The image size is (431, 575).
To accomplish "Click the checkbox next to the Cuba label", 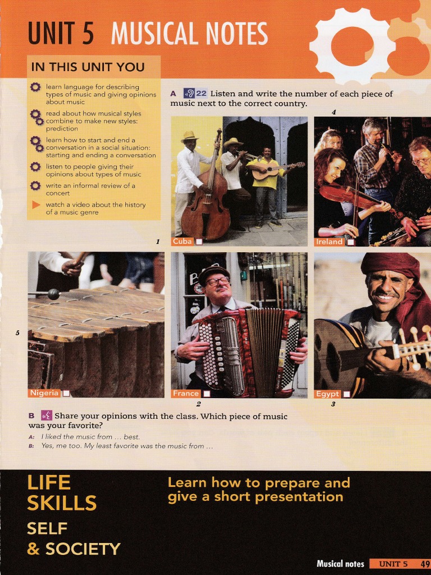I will (x=199, y=241).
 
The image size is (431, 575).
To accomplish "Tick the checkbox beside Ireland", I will (x=351, y=242).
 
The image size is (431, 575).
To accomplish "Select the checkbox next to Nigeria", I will (x=66, y=394).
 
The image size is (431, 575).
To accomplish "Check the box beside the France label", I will (x=207, y=394).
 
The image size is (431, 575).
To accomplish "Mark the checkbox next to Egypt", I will (x=347, y=394).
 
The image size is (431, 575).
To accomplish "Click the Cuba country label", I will (x=182, y=241).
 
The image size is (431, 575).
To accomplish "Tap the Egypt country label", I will (x=328, y=394).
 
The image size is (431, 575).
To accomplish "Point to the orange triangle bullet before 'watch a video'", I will (x=36, y=205).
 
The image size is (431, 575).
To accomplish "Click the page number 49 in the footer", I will (x=425, y=564).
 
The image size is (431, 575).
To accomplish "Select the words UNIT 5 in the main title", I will (x=61, y=34).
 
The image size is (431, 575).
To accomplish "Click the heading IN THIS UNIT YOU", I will (x=88, y=67).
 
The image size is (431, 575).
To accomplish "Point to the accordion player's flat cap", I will (x=214, y=271).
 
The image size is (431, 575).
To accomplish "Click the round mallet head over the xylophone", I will (x=53, y=293).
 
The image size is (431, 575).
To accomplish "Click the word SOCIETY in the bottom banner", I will (x=83, y=549).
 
